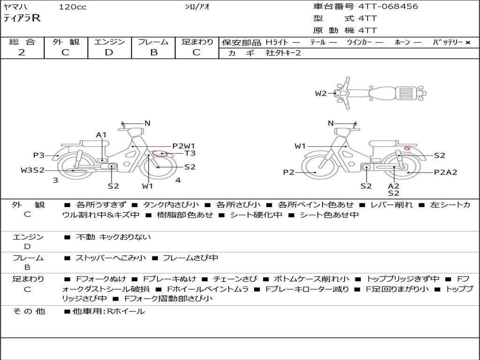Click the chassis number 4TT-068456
tap(388, 6)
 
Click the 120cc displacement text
tap(73, 7)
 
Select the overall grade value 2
tap(22, 52)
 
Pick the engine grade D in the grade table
tap(109, 52)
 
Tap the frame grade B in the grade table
tap(154, 52)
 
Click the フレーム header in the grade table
tap(153, 42)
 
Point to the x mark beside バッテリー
tap(468, 43)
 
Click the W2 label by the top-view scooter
tap(321, 93)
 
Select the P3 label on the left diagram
tap(38, 155)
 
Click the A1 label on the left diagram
tap(101, 135)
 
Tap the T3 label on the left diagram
tap(190, 153)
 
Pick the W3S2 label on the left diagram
tap(32, 170)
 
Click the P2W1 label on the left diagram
tap(183, 146)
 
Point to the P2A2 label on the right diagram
tap(446, 172)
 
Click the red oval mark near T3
tap(160, 153)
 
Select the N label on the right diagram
tap(330, 123)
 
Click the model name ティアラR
tap(22, 18)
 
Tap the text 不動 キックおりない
tap(113, 237)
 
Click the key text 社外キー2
tap(283, 53)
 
